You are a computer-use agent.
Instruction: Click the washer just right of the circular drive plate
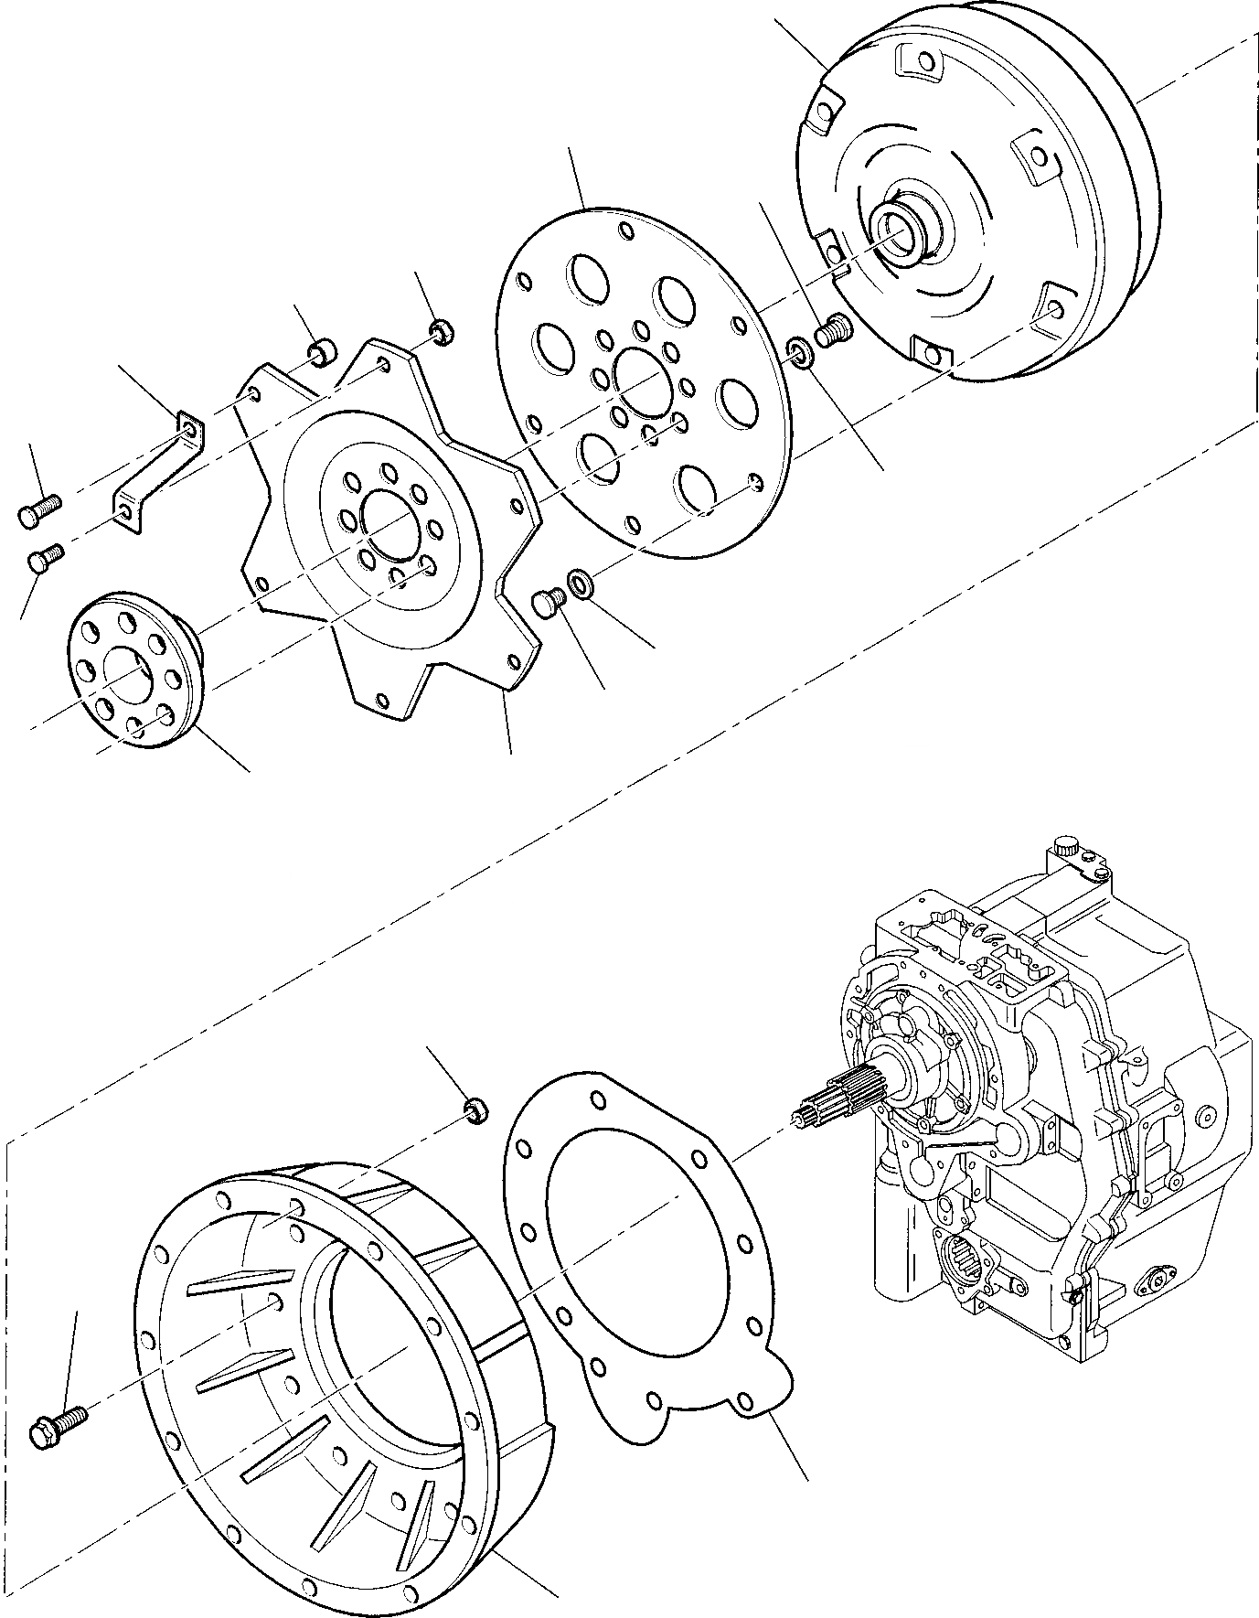[798, 351]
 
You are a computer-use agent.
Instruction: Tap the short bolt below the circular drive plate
[546, 603]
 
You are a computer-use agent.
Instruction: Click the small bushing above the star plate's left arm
[322, 352]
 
